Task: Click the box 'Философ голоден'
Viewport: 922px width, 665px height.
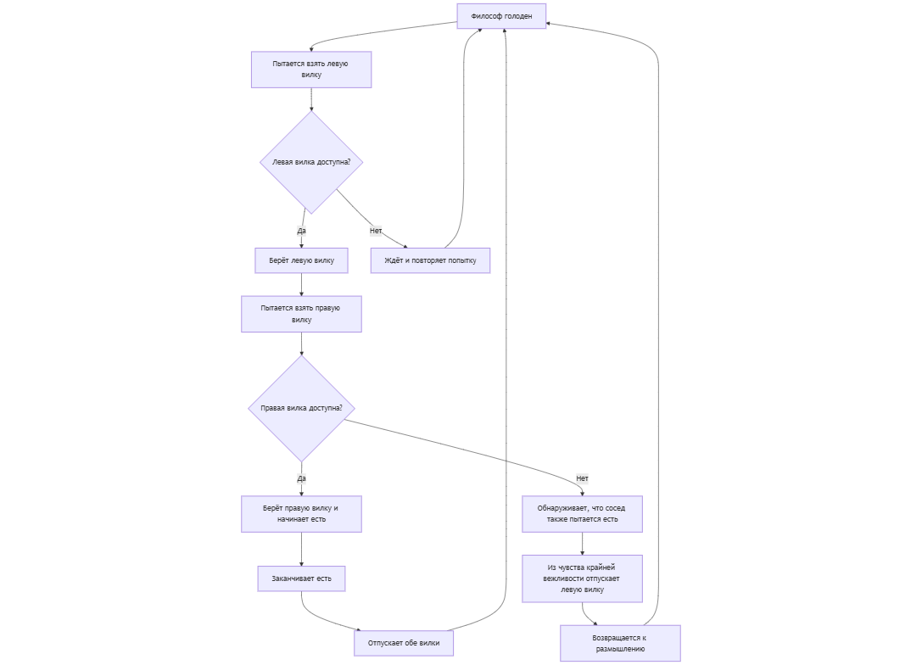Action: click(x=501, y=16)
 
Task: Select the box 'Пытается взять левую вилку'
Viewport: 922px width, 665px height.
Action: click(x=311, y=70)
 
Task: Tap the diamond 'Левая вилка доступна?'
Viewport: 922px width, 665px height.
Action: click(x=311, y=162)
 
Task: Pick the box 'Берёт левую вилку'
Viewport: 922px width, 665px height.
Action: click(x=302, y=260)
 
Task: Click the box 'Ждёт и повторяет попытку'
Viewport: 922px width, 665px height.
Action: click(x=430, y=260)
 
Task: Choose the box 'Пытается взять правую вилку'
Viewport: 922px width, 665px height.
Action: click(x=301, y=314)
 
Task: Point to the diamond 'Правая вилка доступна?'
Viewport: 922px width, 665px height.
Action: click(x=301, y=408)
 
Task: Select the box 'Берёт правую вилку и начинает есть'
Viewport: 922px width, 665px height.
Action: click(x=301, y=514)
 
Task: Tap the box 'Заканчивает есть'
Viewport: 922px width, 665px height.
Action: click(x=301, y=578)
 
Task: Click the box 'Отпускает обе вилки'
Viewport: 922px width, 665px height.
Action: click(x=404, y=643)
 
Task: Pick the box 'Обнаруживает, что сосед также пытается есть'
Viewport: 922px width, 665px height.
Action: click(x=582, y=514)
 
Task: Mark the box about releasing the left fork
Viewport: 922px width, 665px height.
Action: click(x=582, y=578)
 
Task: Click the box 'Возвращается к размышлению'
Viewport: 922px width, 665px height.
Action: click(x=620, y=643)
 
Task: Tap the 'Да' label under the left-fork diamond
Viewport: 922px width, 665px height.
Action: click(x=302, y=231)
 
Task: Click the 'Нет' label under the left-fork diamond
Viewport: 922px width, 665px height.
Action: click(x=376, y=231)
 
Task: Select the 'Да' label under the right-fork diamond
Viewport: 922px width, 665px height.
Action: click(x=302, y=478)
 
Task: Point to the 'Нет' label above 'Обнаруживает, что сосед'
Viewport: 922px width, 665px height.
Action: click(x=582, y=478)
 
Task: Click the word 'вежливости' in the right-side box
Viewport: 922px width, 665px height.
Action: click(x=562, y=578)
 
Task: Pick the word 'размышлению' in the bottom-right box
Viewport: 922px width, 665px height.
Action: click(x=620, y=649)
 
